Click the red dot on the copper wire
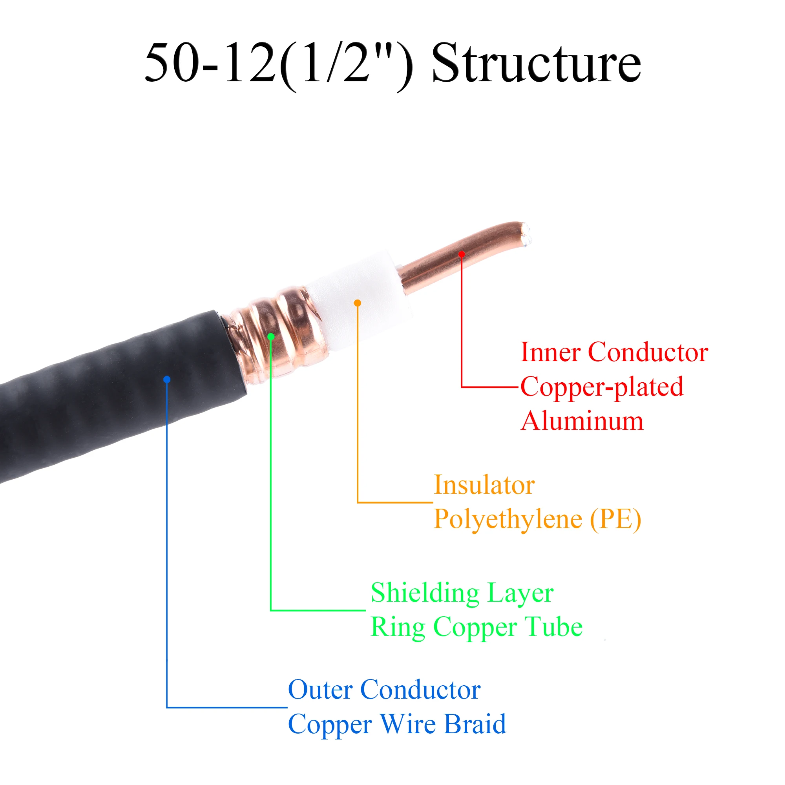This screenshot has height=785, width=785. click(x=462, y=254)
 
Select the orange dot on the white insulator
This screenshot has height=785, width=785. click(x=358, y=303)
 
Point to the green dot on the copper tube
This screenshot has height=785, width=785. click(x=271, y=336)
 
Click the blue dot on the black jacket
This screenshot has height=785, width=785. click(x=166, y=380)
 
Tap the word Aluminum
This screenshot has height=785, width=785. click(x=582, y=421)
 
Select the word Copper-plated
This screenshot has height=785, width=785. click(x=602, y=387)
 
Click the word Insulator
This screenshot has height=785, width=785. click(x=484, y=485)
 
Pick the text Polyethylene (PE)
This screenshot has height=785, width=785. click(x=538, y=519)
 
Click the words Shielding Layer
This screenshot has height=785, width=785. click(x=462, y=593)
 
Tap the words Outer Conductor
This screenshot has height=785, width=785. click(x=384, y=690)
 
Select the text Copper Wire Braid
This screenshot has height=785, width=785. click(x=397, y=725)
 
